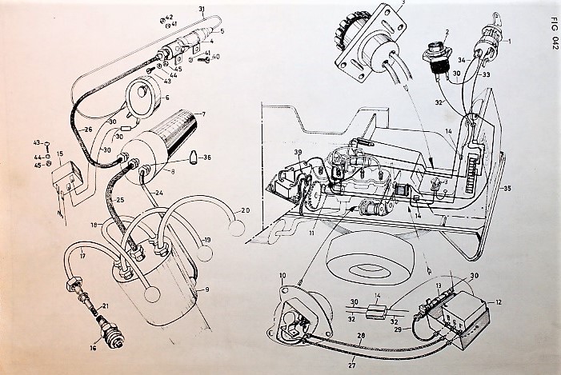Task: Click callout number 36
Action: [206, 157]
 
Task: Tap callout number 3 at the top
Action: [403, 3]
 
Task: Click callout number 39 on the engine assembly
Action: [297, 152]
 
